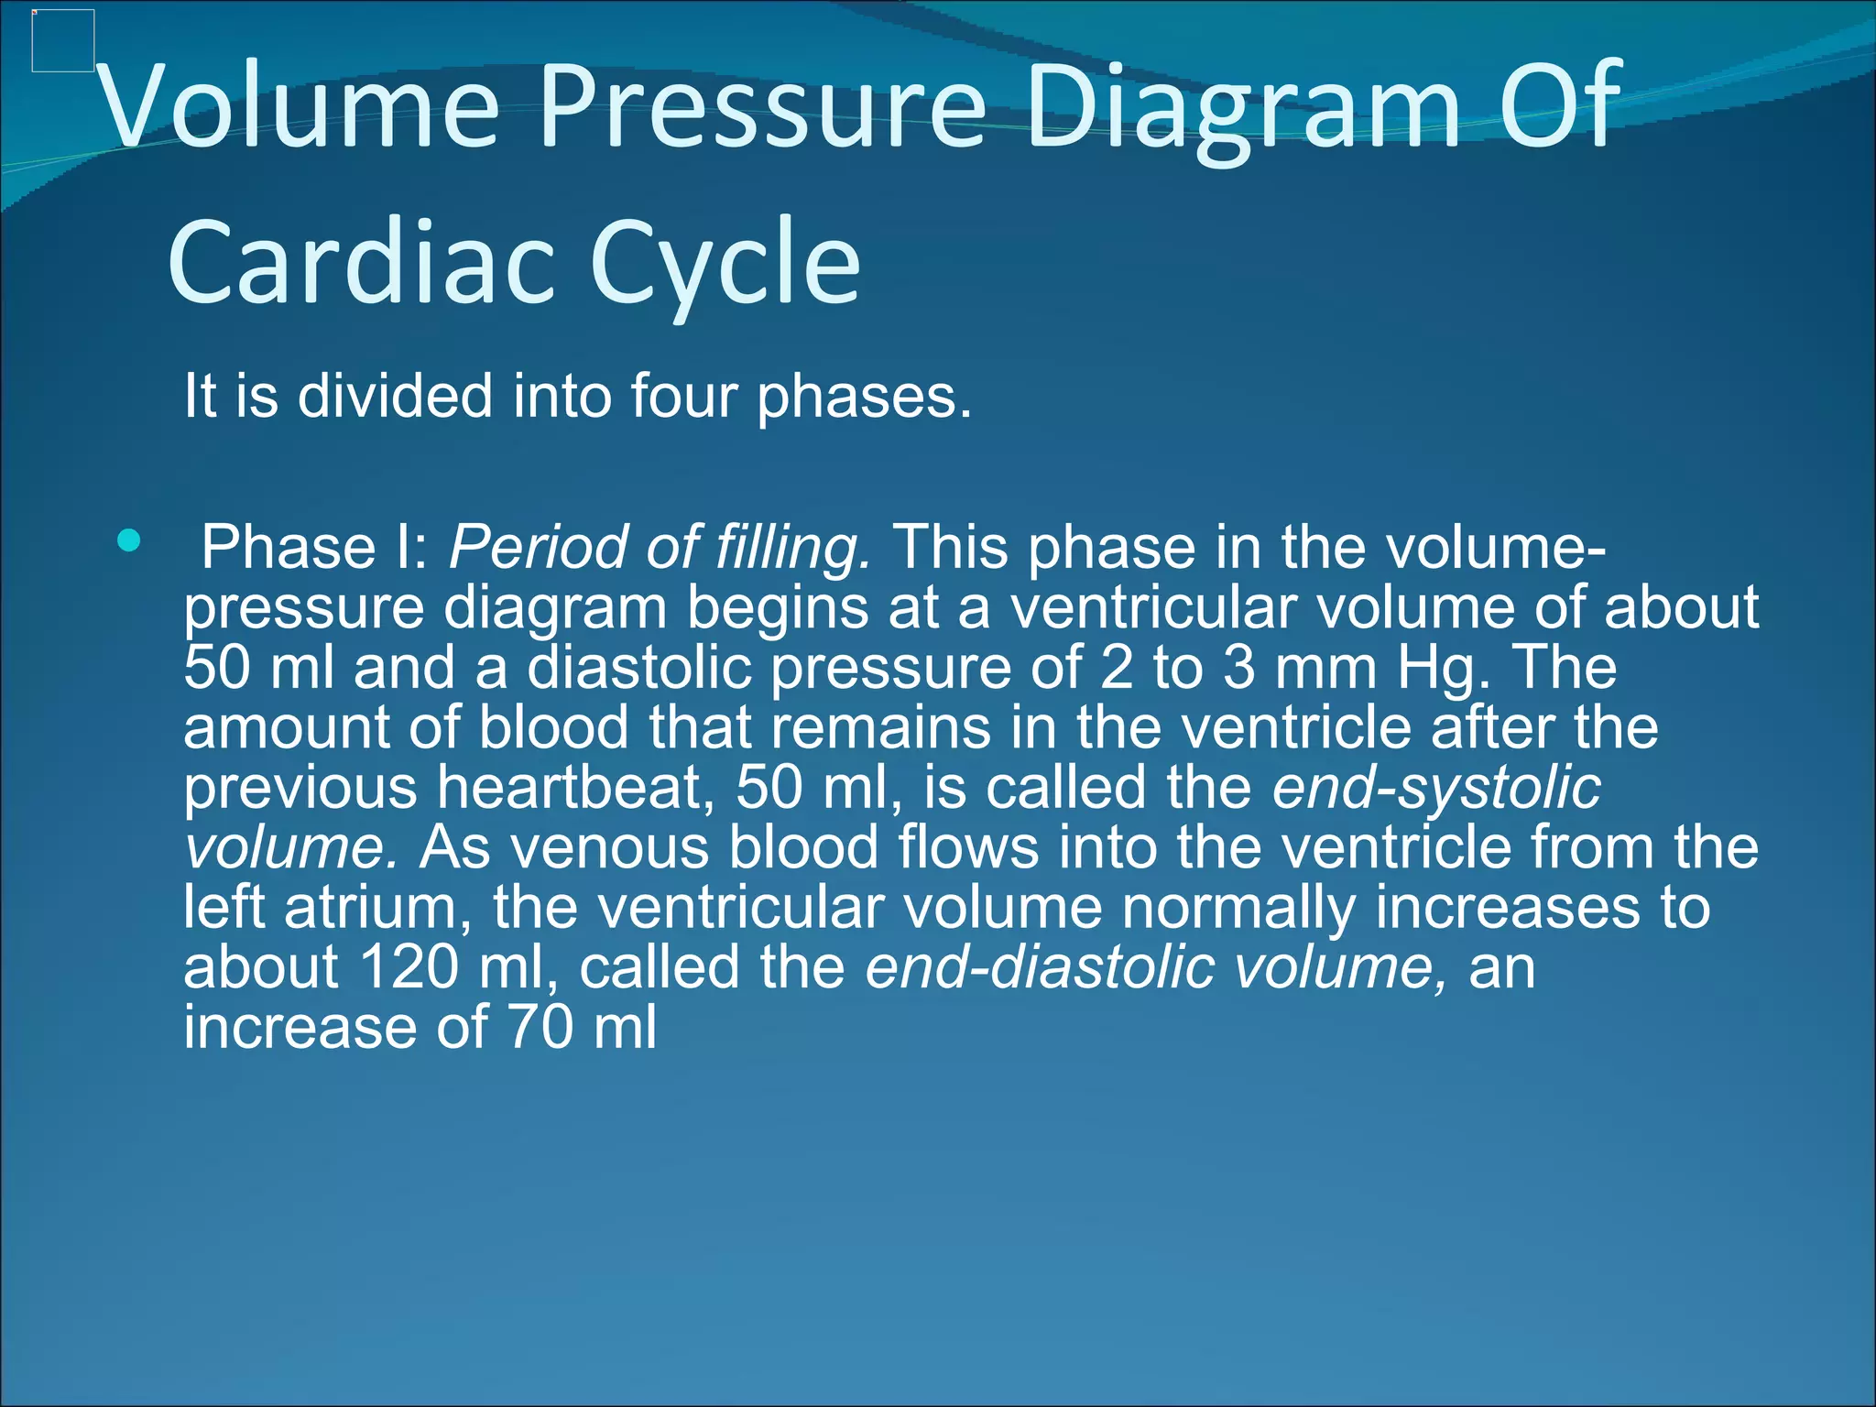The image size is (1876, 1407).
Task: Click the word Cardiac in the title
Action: click(362, 264)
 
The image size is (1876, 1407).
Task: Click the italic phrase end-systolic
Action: click(1436, 787)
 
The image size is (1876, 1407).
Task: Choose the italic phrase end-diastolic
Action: click(1040, 966)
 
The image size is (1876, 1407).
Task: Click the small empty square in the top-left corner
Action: click(63, 40)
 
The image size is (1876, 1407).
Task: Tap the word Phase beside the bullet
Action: click(288, 548)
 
